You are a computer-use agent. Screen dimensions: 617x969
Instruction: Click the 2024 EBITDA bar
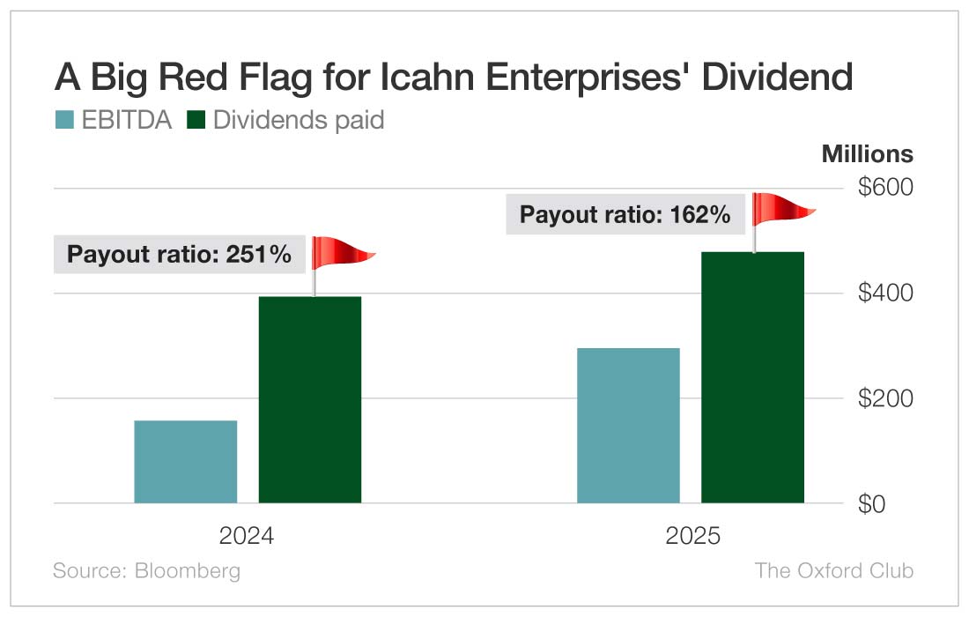(185, 462)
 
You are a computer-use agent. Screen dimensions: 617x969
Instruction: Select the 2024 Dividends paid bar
(310, 399)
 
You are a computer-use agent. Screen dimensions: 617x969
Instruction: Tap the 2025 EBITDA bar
(628, 426)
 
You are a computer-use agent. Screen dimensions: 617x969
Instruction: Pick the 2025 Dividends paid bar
(753, 377)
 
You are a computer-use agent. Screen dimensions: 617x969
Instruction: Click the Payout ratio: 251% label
(180, 256)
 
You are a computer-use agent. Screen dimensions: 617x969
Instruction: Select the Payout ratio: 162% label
(625, 214)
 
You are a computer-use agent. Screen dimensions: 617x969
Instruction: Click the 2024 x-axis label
(247, 536)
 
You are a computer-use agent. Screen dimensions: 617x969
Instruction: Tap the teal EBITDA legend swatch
(64, 120)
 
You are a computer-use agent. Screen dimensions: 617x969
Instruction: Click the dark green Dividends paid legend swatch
(196, 120)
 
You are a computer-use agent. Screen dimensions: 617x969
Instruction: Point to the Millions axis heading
(867, 153)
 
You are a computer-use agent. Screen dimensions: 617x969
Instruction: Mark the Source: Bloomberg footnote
(146, 570)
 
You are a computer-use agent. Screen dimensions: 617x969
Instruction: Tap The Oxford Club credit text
(833, 570)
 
